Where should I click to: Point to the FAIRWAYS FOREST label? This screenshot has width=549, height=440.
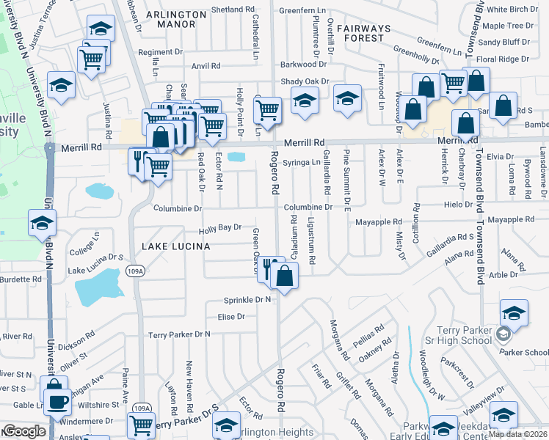tap(371, 33)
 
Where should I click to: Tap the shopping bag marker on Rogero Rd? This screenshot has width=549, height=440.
tap(285, 277)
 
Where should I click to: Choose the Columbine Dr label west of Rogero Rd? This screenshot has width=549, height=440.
tap(177, 208)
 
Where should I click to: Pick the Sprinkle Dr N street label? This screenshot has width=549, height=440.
tap(247, 300)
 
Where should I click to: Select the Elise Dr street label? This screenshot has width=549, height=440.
tap(230, 316)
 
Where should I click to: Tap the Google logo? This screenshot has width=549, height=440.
tap(24, 431)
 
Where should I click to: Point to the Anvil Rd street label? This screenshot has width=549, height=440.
tap(206, 66)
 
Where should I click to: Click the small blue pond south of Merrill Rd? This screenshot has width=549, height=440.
tap(236, 156)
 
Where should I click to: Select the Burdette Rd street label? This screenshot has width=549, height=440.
tap(21, 279)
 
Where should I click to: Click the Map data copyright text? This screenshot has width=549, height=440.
tap(518, 434)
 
